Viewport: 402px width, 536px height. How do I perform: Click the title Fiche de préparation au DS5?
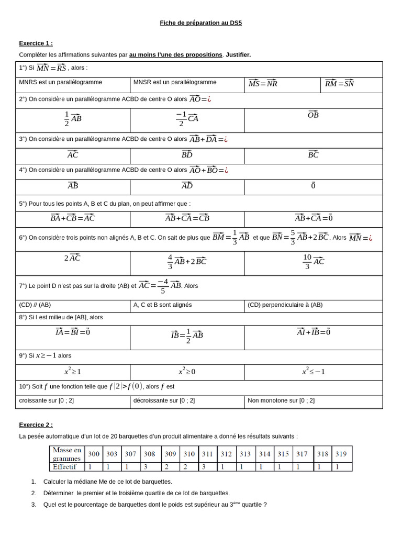(x=201, y=23)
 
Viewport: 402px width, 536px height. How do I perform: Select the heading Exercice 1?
(x=36, y=43)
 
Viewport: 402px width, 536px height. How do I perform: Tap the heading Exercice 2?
(x=36, y=425)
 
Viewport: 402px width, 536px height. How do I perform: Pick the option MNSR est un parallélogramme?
(x=175, y=83)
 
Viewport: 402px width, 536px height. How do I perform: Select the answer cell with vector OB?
(x=313, y=115)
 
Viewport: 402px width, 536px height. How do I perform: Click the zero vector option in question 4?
(x=313, y=186)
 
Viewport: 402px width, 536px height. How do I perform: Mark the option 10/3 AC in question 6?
(x=313, y=261)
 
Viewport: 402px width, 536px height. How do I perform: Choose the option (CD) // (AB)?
(x=35, y=305)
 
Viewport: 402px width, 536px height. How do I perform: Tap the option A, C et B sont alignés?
(x=163, y=305)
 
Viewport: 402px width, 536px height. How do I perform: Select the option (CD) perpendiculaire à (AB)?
(x=285, y=305)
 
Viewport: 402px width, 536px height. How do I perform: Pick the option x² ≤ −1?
(x=313, y=372)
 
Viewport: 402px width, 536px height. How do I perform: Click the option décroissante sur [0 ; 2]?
(x=164, y=400)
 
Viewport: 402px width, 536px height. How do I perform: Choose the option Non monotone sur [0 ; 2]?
(x=281, y=400)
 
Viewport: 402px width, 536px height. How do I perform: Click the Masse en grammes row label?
(x=67, y=454)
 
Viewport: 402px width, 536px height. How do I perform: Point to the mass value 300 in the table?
(x=94, y=454)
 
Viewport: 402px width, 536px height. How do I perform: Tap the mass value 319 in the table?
(x=341, y=454)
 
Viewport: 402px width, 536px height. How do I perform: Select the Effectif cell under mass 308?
(x=149, y=466)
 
